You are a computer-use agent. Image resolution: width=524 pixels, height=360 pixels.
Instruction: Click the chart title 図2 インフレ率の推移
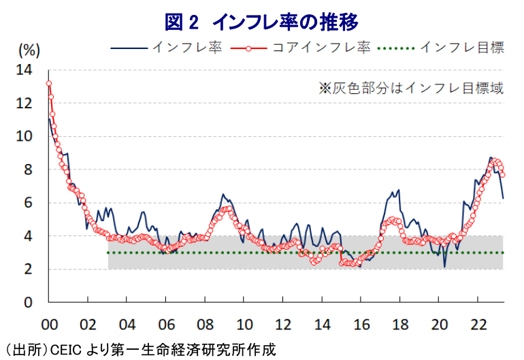(261, 22)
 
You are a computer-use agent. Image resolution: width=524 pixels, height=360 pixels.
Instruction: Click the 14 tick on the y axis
(24, 69)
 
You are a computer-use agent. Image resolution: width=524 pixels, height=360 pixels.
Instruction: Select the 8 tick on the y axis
(29, 169)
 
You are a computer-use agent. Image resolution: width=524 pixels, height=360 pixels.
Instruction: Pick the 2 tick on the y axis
(29, 269)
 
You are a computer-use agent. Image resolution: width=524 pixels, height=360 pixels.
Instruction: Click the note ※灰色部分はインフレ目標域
(411, 88)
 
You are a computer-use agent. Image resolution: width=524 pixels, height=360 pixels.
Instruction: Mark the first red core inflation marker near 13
(49, 84)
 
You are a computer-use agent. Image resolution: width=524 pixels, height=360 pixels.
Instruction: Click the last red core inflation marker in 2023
(502, 175)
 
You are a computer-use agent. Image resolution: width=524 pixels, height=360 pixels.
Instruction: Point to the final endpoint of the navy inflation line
(503, 198)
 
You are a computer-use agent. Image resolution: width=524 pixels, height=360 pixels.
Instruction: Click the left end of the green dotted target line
(109, 252)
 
